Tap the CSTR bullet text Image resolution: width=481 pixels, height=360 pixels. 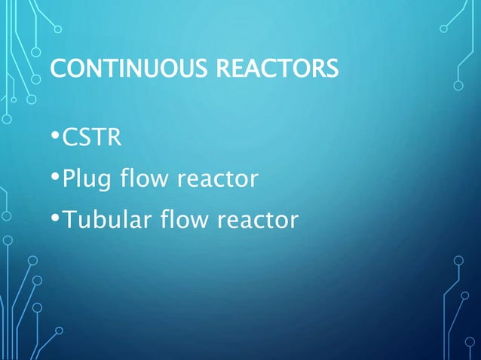point(88,139)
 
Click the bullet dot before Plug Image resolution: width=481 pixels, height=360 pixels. point(56,178)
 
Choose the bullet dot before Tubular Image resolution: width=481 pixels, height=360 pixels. point(56,219)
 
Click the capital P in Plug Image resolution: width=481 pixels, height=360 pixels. point(68,179)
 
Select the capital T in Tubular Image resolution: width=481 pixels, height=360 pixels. point(68,221)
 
